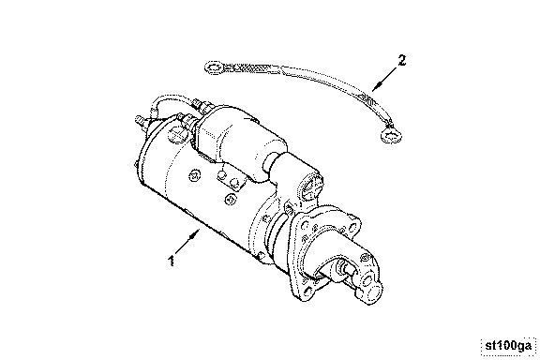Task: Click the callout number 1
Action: click(171, 261)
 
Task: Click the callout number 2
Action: click(402, 61)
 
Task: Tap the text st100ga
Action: click(508, 346)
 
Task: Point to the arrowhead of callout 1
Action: click(196, 233)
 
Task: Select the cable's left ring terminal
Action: click(214, 67)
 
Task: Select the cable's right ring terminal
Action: click(392, 135)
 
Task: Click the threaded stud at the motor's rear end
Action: click(140, 121)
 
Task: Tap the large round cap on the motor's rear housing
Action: click(177, 133)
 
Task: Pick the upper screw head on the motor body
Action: click(194, 176)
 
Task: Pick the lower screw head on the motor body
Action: click(230, 199)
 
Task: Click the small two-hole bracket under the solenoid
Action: click(230, 180)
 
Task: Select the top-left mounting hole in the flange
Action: click(305, 226)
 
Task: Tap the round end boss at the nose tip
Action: click(375, 291)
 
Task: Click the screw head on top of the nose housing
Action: click(365, 257)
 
